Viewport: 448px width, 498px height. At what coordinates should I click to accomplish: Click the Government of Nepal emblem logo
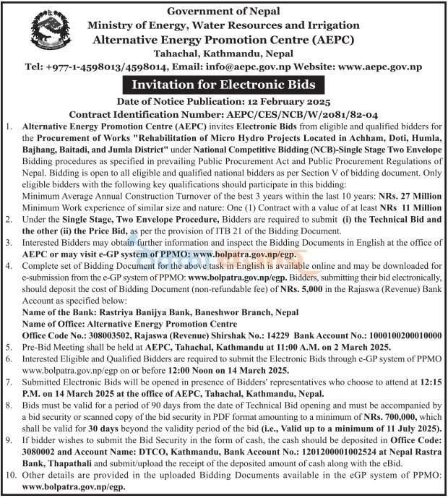point(51,32)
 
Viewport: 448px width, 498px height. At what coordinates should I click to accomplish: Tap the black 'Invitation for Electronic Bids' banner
point(223,85)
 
